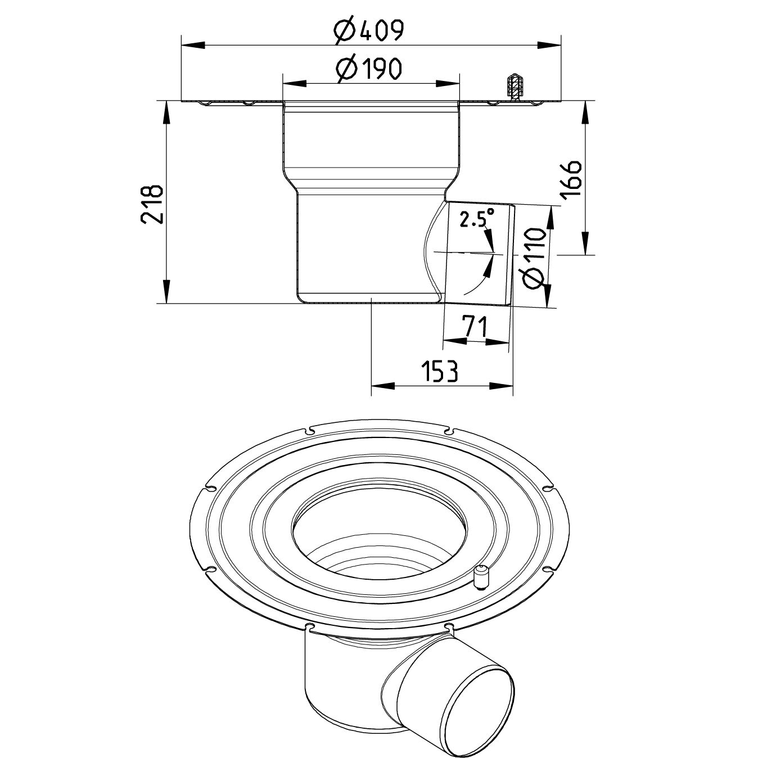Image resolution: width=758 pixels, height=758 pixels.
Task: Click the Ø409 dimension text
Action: coord(368,31)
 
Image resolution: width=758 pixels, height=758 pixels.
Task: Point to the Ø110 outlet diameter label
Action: coord(534,258)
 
